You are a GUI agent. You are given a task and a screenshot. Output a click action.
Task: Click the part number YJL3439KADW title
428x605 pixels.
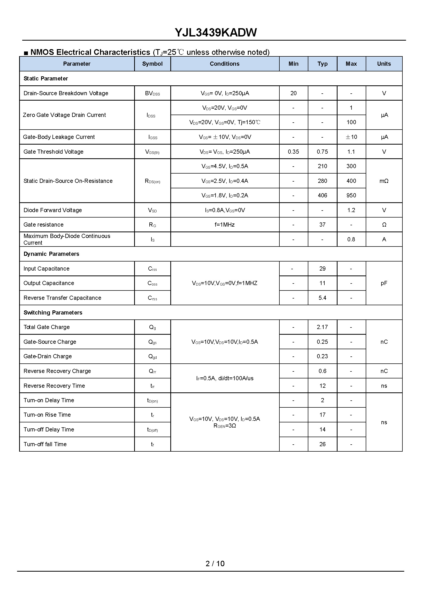[x=216, y=32]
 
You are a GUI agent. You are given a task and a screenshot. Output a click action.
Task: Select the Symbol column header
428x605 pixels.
[x=152, y=64]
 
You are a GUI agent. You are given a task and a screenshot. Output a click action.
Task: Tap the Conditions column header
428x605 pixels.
[x=225, y=64]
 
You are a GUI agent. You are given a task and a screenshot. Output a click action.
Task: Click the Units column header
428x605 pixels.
[x=384, y=64]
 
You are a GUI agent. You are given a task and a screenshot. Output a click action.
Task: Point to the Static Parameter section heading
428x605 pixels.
[x=45, y=79]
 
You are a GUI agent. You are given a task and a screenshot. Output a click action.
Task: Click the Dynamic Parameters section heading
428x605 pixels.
[x=51, y=254]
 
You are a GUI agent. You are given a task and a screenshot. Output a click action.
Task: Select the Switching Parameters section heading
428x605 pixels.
[x=53, y=312]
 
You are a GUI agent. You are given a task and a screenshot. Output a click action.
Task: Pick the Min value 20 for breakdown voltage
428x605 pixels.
[x=293, y=93]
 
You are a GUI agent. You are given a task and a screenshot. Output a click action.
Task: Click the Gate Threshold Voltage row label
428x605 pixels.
[x=53, y=152]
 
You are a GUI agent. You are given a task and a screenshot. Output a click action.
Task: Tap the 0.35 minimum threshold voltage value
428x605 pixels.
[x=293, y=152]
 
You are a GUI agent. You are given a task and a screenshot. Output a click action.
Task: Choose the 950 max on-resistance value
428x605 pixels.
[x=351, y=196]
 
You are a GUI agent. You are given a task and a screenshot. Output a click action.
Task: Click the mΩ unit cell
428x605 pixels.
[x=384, y=181]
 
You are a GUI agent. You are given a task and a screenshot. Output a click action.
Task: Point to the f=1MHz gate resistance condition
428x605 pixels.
[x=225, y=225]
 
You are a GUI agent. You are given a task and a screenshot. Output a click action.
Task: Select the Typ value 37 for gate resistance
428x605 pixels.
[x=322, y=225]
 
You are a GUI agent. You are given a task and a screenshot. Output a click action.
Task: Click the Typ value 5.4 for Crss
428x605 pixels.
[x=322, y=298]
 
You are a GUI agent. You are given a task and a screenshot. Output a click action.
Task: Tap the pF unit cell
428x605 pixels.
[x=384, y=283]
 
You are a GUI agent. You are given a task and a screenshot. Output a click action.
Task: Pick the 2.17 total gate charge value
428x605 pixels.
[x=322, y=327]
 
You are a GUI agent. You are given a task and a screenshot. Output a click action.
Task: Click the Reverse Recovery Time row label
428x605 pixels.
[x=54, y=386]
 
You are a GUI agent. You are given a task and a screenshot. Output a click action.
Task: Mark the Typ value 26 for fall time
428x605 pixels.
[x=322, y=444]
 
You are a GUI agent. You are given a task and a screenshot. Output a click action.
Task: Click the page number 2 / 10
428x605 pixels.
[x=215, y=564]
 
